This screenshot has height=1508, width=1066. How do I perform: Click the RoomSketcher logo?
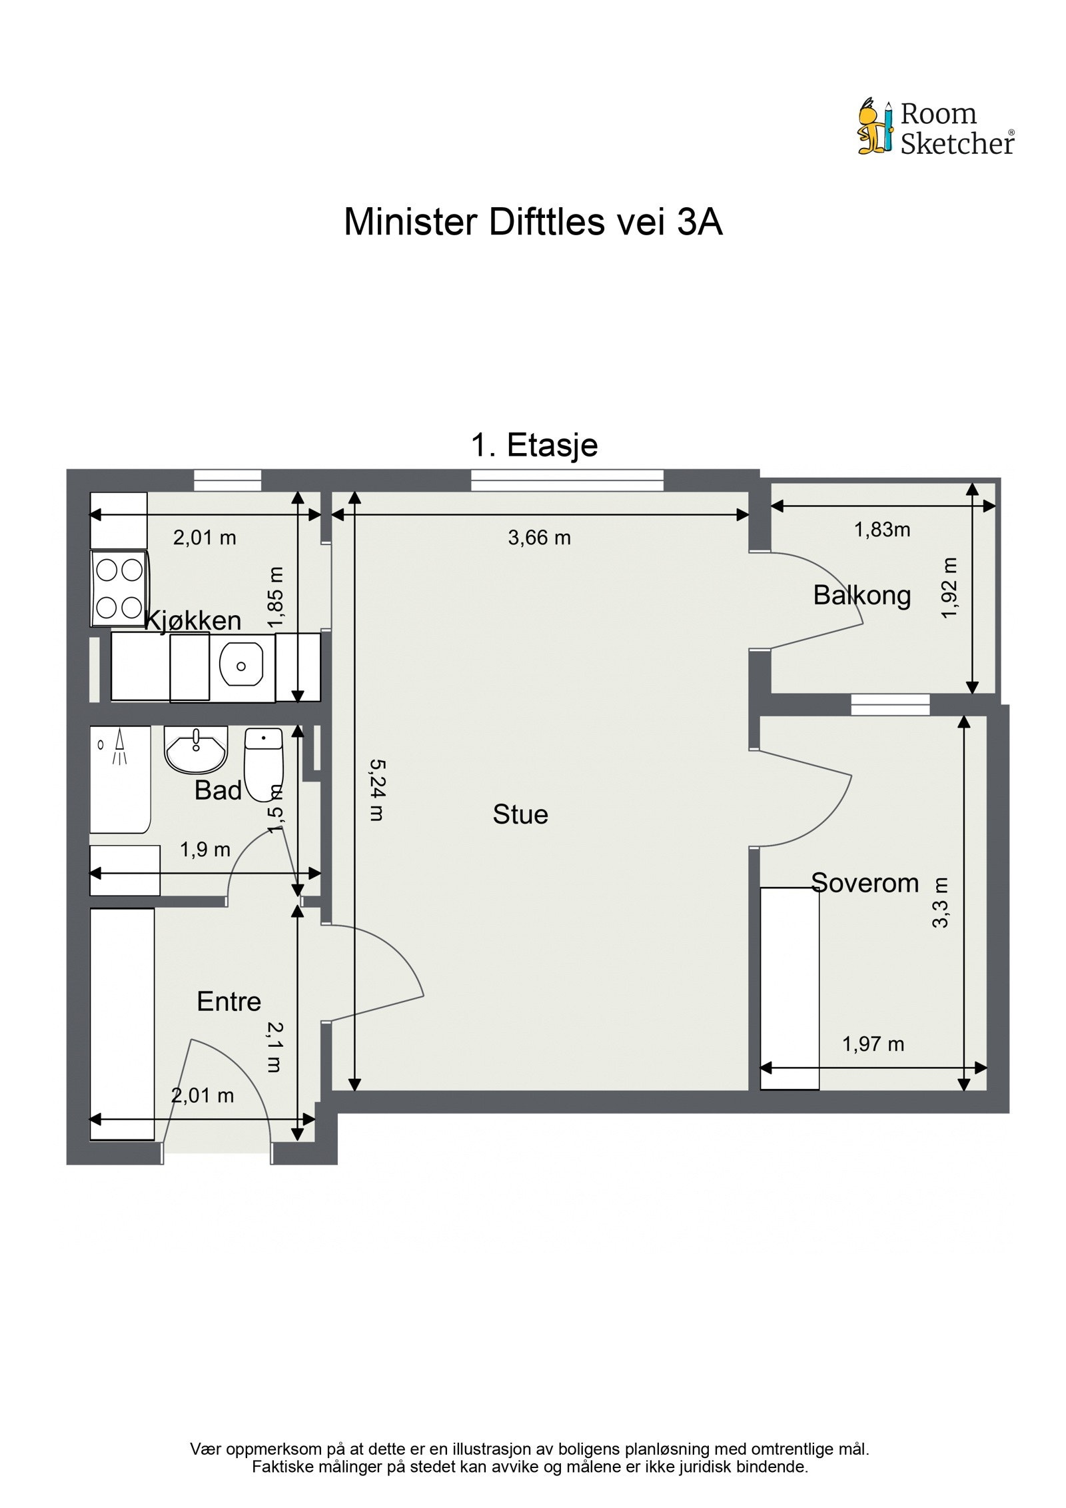point(935,127)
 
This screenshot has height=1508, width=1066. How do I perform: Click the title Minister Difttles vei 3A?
point(532,223)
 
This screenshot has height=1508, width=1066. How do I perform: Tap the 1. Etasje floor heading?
point(534,444)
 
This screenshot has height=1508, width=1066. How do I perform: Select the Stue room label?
point(520,814)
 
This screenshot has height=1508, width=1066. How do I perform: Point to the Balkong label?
point(861,595)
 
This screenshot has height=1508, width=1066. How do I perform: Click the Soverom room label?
point(864,883)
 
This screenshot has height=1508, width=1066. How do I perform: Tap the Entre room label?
point(229,1002)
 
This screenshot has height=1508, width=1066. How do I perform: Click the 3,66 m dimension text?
point(539,538)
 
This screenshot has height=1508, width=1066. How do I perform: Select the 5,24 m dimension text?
point(376,790)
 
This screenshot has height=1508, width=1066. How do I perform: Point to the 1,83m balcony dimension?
point(881,530)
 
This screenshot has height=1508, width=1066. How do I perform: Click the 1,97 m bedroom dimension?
point(873,1044)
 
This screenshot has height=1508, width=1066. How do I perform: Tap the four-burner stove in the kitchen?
point(119,588)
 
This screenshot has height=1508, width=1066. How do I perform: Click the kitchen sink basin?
point(241,665)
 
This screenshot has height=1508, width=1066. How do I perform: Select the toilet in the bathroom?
point(264,763)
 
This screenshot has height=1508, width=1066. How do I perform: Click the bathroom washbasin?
point(196,749)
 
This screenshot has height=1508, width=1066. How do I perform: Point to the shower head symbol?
point(120,745)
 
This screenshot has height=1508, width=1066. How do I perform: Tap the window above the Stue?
point(567,480)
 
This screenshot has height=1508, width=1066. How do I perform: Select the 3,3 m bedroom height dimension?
point(940,902)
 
